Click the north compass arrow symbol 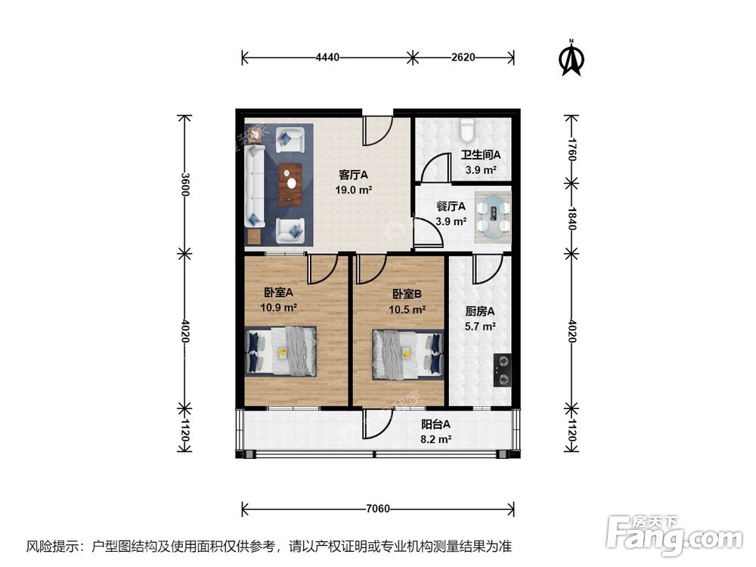click(572, 60)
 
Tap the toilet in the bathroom click(467, 130)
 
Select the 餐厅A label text click(451, 206)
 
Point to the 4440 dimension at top click(327, 57)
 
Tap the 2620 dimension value click(463, 57)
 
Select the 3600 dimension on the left click(183, 184)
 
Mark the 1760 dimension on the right click(572, 149)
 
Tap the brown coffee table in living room click(290, 184)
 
